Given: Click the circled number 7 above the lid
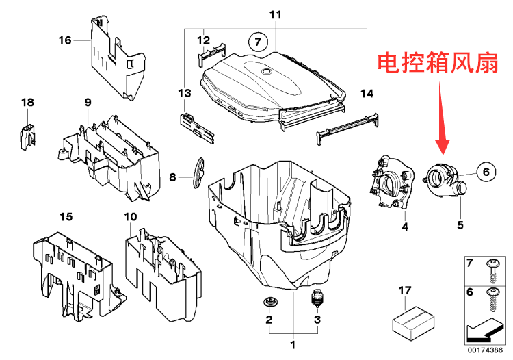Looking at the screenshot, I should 258,41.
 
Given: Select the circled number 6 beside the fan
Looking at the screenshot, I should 485,173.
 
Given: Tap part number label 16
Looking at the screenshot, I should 64,40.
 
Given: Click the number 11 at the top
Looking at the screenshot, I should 275,14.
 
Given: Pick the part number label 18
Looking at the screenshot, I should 27,103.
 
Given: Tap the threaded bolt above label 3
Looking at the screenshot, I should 317,299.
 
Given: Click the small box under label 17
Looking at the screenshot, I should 408,320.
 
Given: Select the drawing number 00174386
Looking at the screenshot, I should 487,352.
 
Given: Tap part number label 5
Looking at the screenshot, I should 460,224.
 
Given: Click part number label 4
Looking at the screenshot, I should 404,226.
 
